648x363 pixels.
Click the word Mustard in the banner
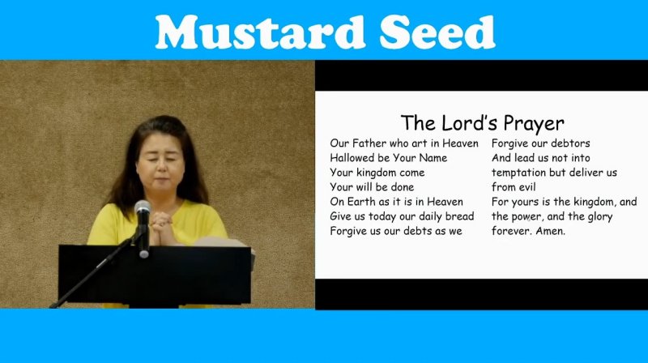260,32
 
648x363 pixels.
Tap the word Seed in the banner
437,32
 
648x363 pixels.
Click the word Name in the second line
433,157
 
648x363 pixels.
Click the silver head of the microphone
143,207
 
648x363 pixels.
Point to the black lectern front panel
155,274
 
